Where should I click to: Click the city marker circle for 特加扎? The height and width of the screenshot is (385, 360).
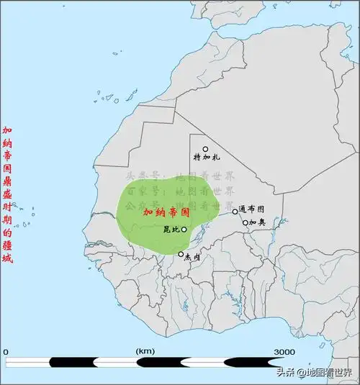pos(205,149)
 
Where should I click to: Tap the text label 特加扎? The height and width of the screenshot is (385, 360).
pos(207,158)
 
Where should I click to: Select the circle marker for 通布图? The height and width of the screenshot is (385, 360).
pos(235,211)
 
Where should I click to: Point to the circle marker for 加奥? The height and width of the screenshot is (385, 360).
pos(245,222)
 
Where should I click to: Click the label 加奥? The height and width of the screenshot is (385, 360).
pos(258,223)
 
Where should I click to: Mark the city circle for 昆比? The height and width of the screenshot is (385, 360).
pos(184,230)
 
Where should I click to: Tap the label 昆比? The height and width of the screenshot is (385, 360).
pos(171,230)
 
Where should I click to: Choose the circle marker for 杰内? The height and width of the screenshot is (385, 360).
pos(181,253)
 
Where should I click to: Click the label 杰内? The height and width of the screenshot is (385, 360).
pos(193,256)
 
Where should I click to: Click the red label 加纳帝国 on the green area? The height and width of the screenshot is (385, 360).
pos(166,213)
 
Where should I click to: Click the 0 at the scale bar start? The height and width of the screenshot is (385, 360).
pos(6,351)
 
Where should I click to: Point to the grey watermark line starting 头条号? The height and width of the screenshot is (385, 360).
pos(180,176)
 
